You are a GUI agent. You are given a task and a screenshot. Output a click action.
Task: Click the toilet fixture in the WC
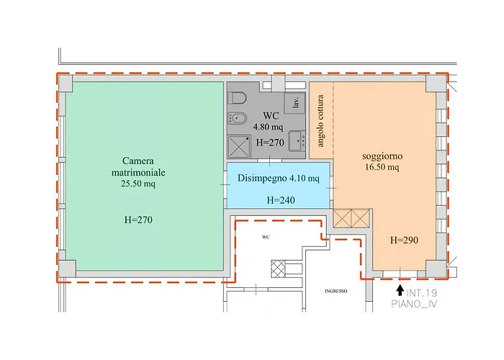(237, 98)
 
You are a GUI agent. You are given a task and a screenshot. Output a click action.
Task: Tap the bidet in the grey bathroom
(237, 119)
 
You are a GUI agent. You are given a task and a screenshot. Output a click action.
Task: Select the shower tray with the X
(238, 146)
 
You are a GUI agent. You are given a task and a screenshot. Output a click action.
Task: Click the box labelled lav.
(294, 103)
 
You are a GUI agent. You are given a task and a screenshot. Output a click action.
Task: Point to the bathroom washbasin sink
(297, 141)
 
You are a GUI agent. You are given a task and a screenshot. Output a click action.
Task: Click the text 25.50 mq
(138, 184)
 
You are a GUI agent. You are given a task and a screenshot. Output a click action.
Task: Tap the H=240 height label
(281, 200)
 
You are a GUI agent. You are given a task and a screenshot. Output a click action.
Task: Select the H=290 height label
(404, 240)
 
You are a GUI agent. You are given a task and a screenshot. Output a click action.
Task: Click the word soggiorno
(382, 156)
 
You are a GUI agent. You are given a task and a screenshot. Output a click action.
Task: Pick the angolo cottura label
(320, 120)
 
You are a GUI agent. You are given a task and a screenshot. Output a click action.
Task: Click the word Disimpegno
(262, 179)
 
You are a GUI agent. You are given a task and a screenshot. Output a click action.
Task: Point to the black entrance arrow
(400, 290)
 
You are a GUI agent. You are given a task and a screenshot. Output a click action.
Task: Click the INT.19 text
(422, 293)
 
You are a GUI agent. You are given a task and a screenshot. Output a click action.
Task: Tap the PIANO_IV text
(414, 304)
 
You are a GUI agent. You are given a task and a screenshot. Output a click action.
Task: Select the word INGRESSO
(336, 291)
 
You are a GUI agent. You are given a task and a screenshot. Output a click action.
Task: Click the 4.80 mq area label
(268, 127)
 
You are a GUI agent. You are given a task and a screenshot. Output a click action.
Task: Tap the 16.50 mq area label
(382, 167)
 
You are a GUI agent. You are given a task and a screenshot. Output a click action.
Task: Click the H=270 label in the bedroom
(138, 220)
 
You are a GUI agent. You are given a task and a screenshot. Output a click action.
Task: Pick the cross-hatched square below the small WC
(278, 269)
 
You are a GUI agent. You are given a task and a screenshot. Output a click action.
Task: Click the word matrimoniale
(138, 172)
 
